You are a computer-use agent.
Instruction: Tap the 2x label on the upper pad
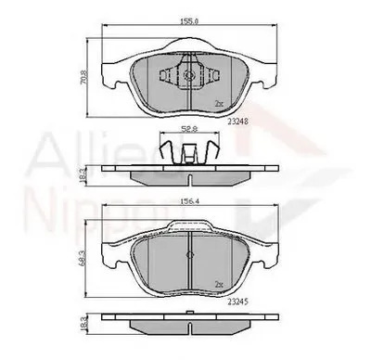[218, 103]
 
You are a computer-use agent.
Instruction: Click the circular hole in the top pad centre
[189, 77]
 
